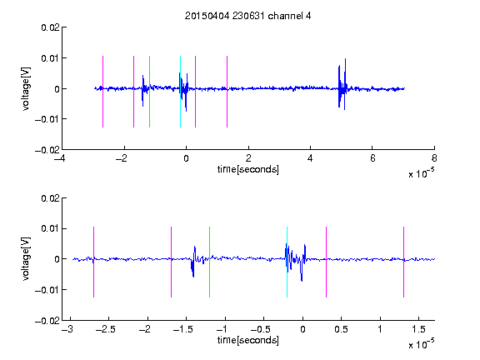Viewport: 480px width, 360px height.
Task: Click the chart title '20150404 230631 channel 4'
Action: (x=248, y=16)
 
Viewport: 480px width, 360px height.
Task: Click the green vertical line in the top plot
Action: (x=149, y=92)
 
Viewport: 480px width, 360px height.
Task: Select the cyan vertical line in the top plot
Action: (x=180, y=92)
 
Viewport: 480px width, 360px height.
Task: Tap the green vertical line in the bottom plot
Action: (x=209, y=262)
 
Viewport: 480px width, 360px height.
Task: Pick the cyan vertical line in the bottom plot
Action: (x=287, y=262)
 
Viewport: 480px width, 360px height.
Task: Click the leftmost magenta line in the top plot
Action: (x=102, y=92)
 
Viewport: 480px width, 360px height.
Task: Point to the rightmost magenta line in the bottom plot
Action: (x=403, y=262)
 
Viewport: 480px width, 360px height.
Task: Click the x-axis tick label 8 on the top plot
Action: (x=434, y=158)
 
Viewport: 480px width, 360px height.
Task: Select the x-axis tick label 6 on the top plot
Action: (x=372, y=158)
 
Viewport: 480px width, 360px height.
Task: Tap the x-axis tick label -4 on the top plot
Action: (x=60, y=158)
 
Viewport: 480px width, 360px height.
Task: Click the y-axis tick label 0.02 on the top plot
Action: (x=51, y=27)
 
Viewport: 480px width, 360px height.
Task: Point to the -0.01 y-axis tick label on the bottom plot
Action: (x=47, y=290)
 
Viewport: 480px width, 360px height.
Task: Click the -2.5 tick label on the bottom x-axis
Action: (x=105, y=329)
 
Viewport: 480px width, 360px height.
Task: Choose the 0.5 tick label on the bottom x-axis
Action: (x=341, y=329)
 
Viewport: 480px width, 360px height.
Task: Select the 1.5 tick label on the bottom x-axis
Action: (x=418, y=329)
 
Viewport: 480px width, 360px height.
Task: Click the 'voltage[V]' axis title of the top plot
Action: (x=27, y=89)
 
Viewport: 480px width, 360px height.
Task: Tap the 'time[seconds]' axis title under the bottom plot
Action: (x=248, y=340)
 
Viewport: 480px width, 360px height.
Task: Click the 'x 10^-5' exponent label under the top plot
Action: (x=421, y=172)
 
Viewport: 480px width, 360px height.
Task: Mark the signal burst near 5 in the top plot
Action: (x=342, y=84)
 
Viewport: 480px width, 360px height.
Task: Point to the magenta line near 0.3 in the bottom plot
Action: (x=326, y=262)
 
